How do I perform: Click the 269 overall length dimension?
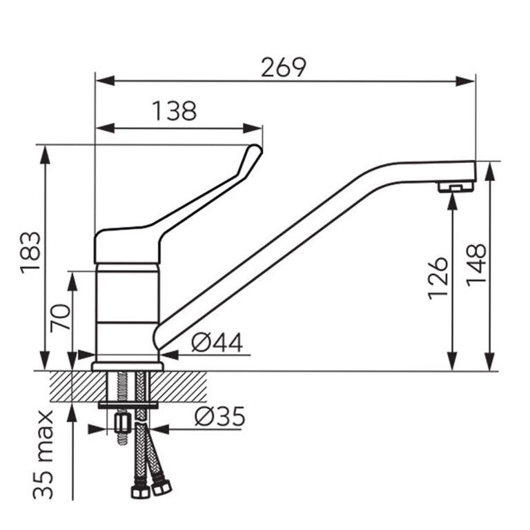pos(284,68)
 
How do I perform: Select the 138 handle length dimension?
pos(175,111)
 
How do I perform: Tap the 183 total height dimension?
pos(30,253)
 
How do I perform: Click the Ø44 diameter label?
pos(217,343)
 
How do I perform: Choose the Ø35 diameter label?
pos(219,416)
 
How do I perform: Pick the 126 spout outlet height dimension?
pos(438,279)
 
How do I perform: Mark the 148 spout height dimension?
pos(477,265)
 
